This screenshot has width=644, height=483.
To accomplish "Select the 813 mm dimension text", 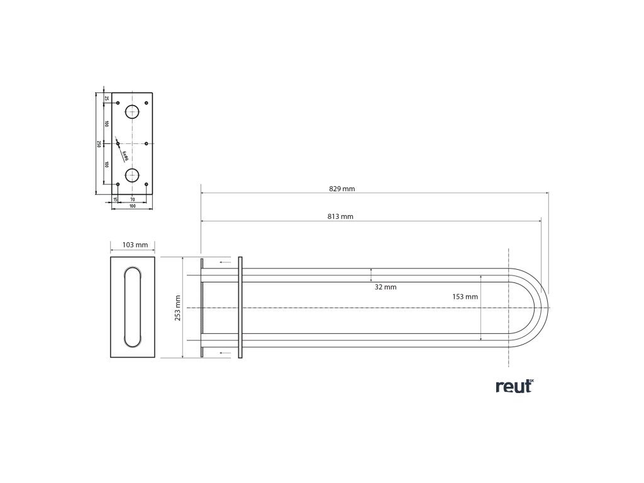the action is pos(340,216).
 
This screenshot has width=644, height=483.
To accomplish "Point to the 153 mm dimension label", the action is pos(465,296).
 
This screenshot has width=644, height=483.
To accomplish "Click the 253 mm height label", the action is pos(177,308).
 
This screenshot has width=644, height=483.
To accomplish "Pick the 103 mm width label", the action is pos(133,245).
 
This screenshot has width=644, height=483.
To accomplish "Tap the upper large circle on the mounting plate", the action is pos(132,113).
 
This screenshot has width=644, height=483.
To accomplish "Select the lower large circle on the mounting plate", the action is pos(132,175).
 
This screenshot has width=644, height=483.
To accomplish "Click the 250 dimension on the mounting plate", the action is pos(99,144).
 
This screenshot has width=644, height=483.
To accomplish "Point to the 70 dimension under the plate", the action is pos(132,199).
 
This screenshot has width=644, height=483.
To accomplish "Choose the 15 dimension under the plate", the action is pos(115,199).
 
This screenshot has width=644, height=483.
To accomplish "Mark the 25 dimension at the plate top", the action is pos(107,98).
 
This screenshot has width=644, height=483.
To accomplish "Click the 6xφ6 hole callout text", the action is pos(126,155).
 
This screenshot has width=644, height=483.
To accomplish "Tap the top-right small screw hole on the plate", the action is pos(146,103).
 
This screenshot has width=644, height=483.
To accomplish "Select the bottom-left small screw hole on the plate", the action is pos(118,184).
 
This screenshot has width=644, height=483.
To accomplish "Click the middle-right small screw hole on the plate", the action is pos(146,143).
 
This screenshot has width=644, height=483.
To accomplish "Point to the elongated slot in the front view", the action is pos(133,307).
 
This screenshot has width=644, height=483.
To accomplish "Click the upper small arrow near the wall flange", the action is pos(224,261).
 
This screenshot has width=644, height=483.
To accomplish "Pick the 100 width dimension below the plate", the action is pos(132,206).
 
